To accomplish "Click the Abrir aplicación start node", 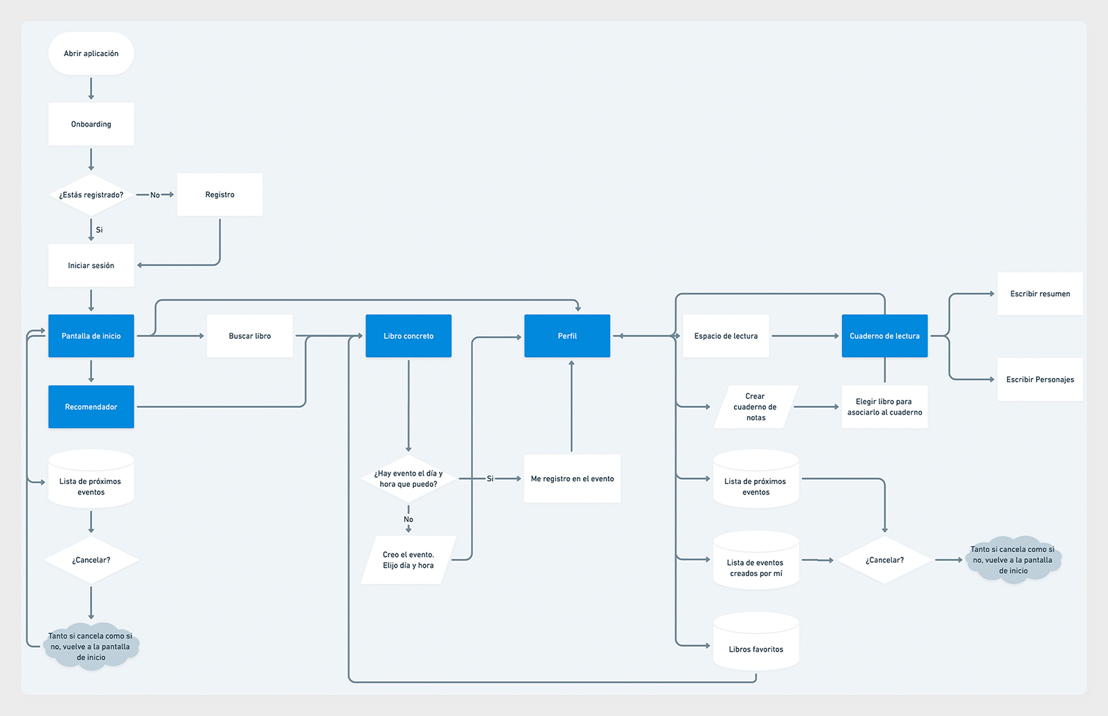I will pyautogui.click(x=91, y=53).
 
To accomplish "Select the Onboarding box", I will pyautogui.click(x=91, y=124).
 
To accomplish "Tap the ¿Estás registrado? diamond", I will pyautogui.click(x=91, y=195).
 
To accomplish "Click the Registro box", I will pyautogui.click(x=220, y=195).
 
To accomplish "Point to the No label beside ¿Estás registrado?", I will pyautogui.click(x=155, y=195).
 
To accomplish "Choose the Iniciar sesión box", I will pyautogui.click(x=91, y=265).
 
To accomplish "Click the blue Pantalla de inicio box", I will pyautogui.click(x=91, y=336).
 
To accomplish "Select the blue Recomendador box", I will pyautogui.click(x=91, y=406).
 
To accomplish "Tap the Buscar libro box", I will pyautogui.click(x=249, y=336).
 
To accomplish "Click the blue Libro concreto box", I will pyautogui.click(x=409, y=336).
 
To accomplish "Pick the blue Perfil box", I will pyautogui.click(x=567, y=336).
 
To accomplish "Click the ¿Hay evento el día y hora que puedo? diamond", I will pyautogui.click(x=409, y=478).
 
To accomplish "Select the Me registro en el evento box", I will pyautogui.click(x=572, y=478).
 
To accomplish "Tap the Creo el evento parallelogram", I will pyautogui.click(x=409, y=560).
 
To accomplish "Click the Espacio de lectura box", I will pyautogui.click(x=726, y=336).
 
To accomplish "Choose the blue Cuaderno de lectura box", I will pyautogui.click(x=884, y=336).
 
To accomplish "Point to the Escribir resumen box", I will pyautogui.click(x=1039, y=294).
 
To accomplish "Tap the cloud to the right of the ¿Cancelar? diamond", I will pyautogui.click(x=1013, y=560).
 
